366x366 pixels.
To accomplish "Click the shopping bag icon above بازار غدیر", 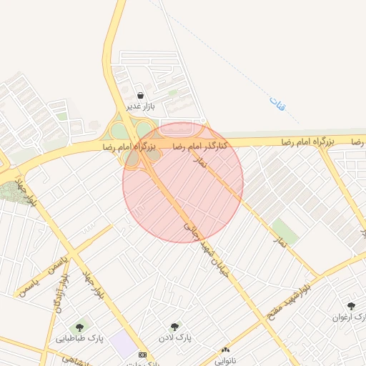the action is click(x=139, y=95).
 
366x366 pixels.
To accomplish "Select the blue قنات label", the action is click(x=277, y=103).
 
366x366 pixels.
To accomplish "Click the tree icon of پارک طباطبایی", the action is click(x=79, y=328).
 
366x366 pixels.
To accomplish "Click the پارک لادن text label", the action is click(x=174, y=337).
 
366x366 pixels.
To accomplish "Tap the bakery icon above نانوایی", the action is click(x=226, y=350).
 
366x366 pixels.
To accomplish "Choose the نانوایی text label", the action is click(x=226, y=360).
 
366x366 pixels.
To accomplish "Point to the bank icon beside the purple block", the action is click(x=142, y=355).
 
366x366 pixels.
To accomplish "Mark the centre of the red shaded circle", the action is click(x=183, y=182).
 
